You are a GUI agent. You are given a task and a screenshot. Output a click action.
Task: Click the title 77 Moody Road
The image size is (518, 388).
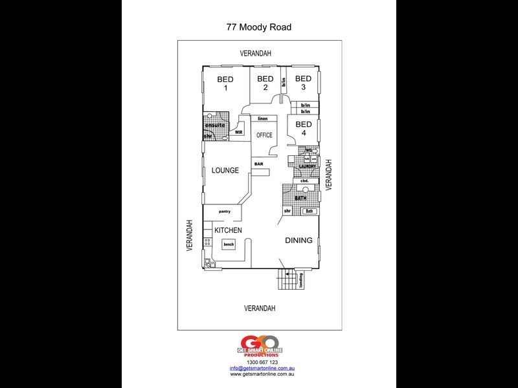click(x=259, y=27)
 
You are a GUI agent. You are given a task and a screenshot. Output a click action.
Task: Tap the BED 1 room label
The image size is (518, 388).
click(x=226, y=84)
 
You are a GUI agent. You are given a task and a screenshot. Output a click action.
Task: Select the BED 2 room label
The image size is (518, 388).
click(x=265, y=83)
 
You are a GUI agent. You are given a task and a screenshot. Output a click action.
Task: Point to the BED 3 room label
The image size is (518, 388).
click(x=304, y=83)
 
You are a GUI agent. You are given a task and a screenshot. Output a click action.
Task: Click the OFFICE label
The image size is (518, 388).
click(x=264, y=135)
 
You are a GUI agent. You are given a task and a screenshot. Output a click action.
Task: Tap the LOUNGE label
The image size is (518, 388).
click(x=225, y=171)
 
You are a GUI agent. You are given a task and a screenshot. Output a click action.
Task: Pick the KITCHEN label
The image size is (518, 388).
click(x=229, y=230)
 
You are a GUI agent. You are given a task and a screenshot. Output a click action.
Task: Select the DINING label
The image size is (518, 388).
click(x=298, y=241)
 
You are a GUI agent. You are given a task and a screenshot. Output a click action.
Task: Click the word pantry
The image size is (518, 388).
click(x=225, y=211)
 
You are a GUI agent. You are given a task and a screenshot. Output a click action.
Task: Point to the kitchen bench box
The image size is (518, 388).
click(x=229, y=244)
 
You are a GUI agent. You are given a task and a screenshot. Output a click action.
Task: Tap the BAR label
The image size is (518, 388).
click(x=258, y=164)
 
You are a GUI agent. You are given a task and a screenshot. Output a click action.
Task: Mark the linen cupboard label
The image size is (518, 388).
click(x=262, y=120)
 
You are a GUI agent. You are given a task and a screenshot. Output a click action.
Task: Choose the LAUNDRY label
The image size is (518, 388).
click(x=306, y=167)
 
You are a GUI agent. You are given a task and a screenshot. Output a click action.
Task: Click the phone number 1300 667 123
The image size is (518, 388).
click(x=259, y=362)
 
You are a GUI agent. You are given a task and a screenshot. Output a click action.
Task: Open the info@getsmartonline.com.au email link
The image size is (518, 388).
click(x=259, y=368)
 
